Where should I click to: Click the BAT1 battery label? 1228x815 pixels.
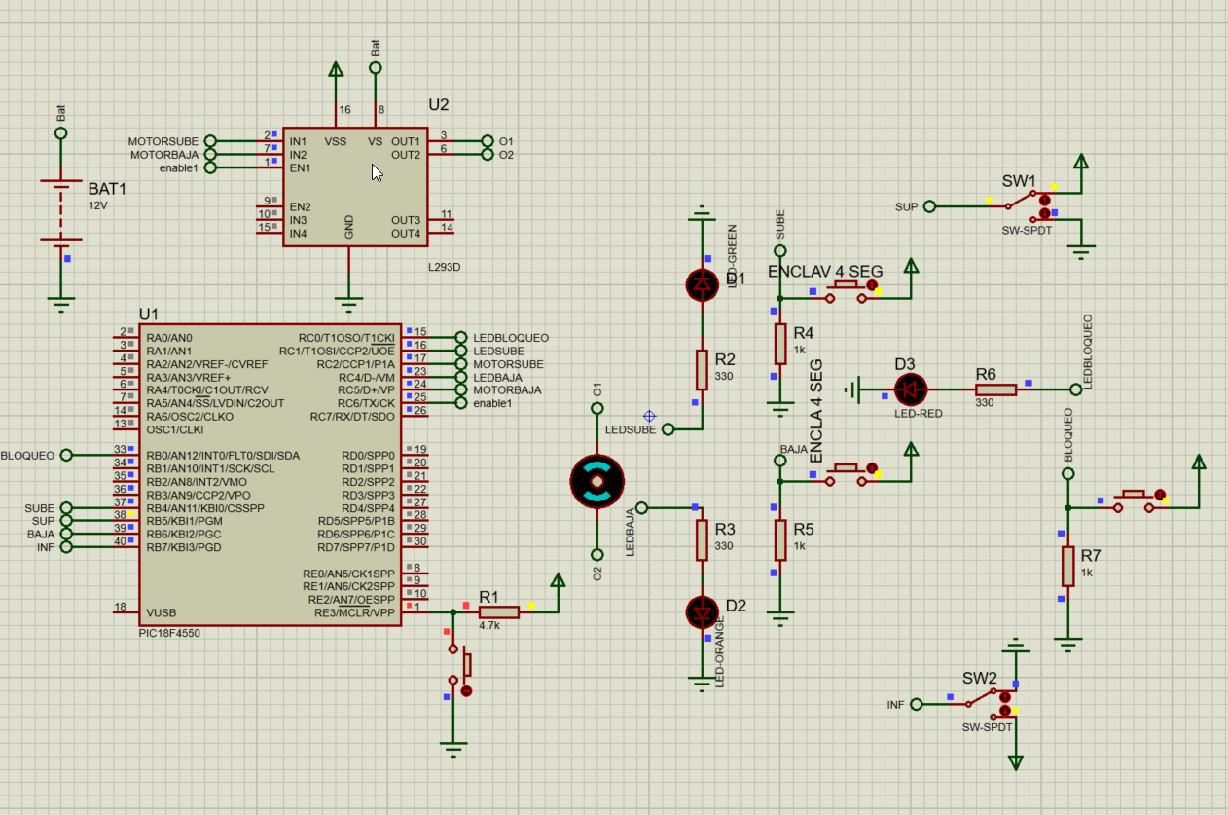coord(107,188)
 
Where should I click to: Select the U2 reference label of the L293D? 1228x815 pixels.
coord(439,105)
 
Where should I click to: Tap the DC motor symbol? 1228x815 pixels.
coord(596,481)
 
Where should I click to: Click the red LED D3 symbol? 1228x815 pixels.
coord(911,389)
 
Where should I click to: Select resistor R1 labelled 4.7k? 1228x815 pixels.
coord(498,611)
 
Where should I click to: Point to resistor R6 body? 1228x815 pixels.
coord(995,389)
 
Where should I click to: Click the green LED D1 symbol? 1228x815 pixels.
coord(702,284)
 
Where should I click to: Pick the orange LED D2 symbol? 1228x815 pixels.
coord(702,611)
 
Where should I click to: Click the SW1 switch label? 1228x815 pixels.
coord(1019,182)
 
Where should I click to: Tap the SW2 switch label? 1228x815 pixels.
coord(980,678)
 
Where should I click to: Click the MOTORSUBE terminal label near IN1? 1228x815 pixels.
coord(163,142)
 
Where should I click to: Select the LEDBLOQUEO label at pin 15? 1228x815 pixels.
coord(511,338)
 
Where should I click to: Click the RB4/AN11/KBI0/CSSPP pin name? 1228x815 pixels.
coord(204,508)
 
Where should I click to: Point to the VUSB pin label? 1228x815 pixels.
coord(163,613)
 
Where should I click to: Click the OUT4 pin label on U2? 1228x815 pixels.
coord(405,234)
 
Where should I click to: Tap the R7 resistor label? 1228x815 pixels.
coord(1090,556)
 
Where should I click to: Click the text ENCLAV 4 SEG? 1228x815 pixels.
coord(825,271)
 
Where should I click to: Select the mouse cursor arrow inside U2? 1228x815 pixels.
coord(377,172)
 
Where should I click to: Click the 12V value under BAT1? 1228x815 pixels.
coord(98,206)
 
